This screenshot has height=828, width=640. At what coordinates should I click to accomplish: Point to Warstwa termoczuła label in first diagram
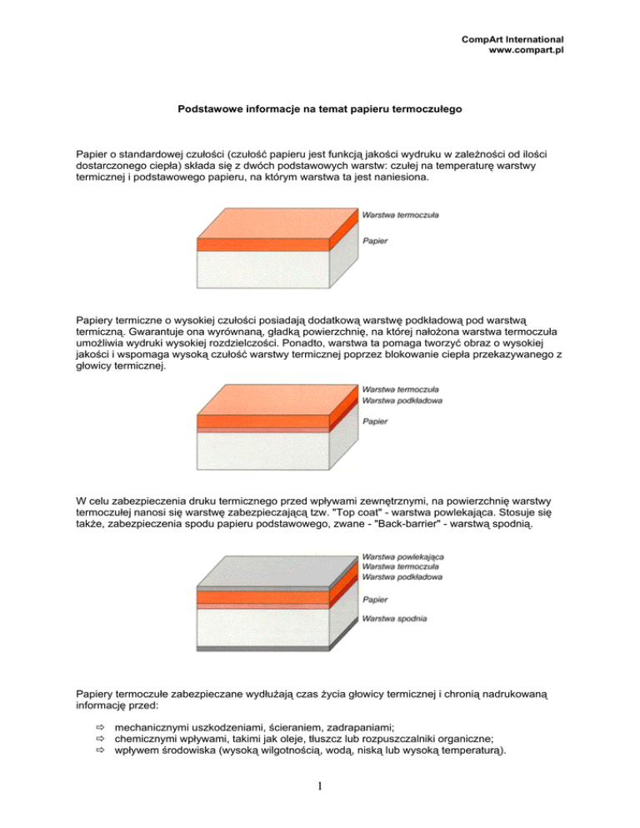pyautogui.click(x=401, y=215)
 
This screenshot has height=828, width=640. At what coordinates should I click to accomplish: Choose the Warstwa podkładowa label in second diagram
pyautogui.click(x=402, y=401)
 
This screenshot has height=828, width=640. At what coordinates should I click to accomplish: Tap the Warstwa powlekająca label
pyautogui.click(x=402, y=556)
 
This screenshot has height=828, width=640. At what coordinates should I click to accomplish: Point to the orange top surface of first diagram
pyautogui.click(x=275, y=221)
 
